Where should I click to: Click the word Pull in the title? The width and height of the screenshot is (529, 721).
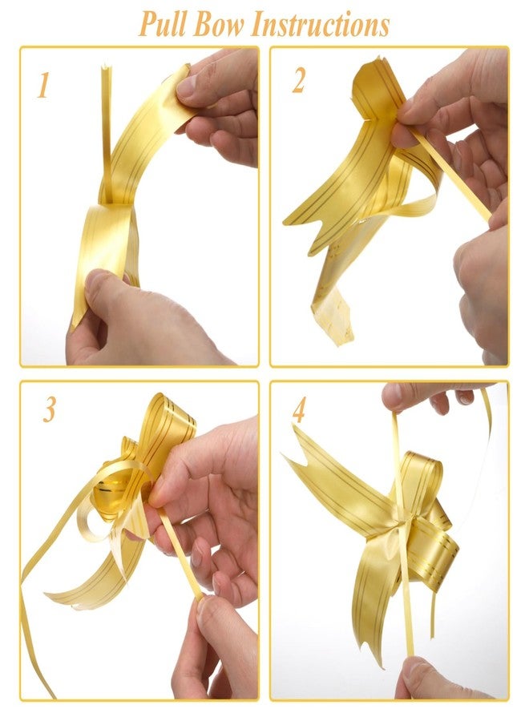click(x=163, y=24)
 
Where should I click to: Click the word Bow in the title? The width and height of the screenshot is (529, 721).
click(x=219, y=24)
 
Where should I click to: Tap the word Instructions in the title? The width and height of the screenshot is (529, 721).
click(x=320, y=24)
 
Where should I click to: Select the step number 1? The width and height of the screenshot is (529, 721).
click(x=43, y=85)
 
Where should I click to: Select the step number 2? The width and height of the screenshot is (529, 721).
click(x=298, y=80)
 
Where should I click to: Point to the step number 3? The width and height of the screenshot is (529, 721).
click(x=49, y=409)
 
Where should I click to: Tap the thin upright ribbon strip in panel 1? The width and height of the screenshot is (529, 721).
click(x=107, y=133)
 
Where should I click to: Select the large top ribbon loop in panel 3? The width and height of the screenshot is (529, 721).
click(x=169, y=423)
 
